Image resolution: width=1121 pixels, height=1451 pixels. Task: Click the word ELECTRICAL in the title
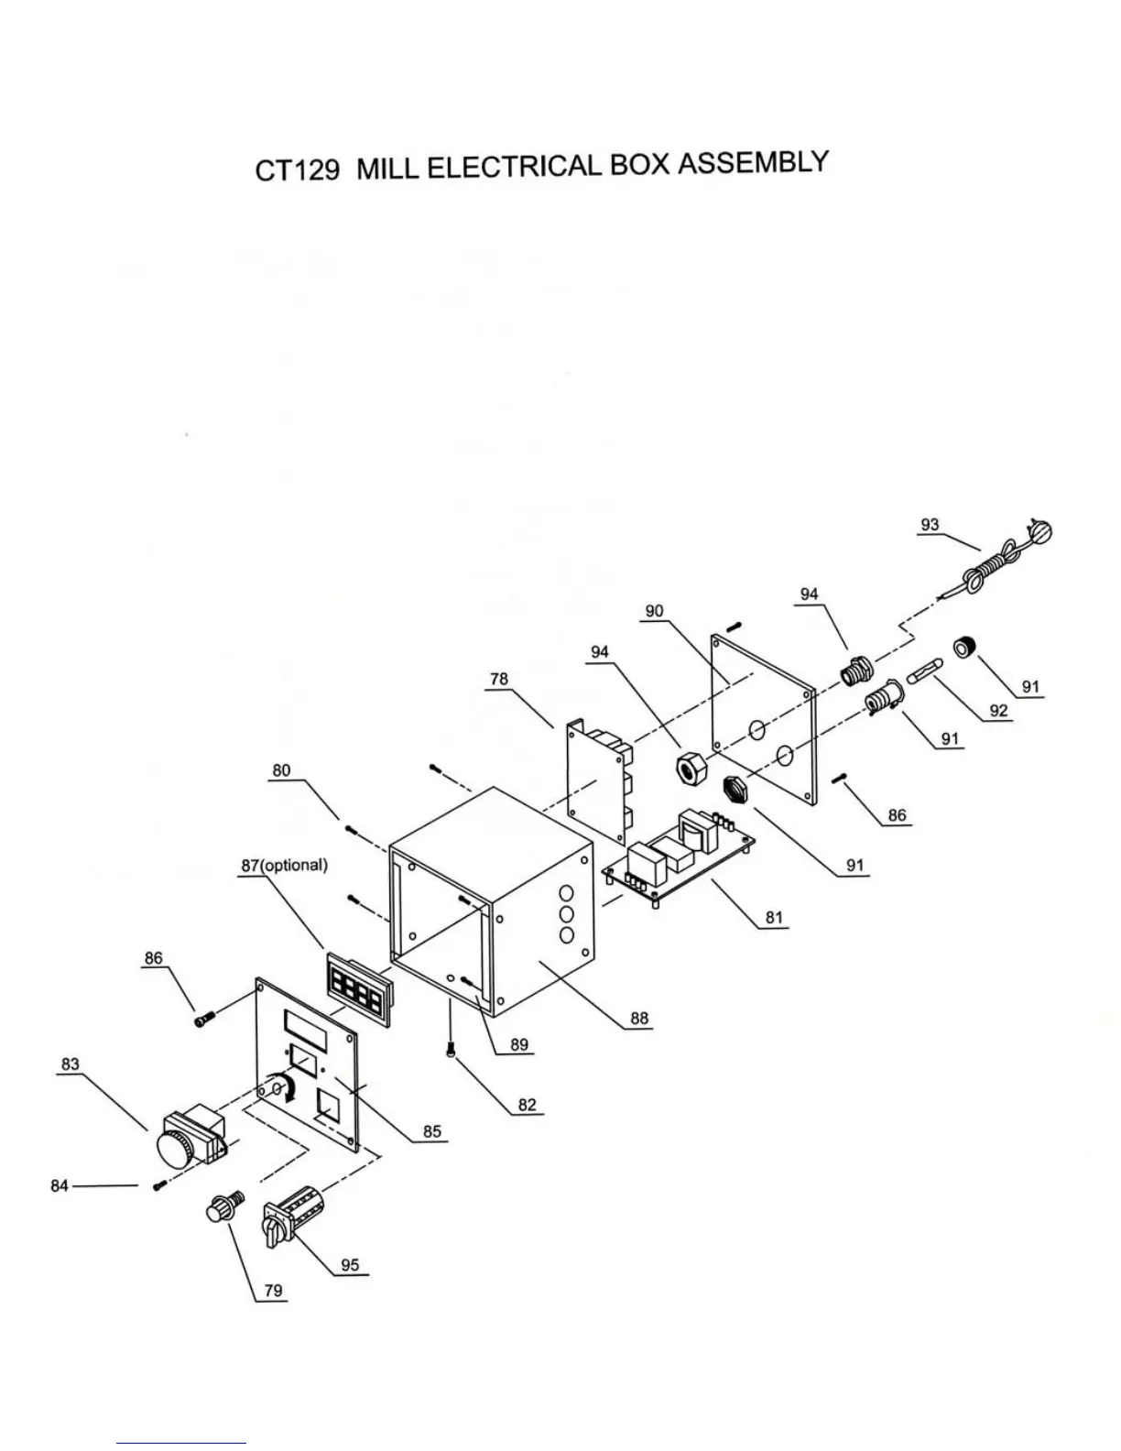coord(513,168)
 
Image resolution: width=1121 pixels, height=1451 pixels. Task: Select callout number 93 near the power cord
coord(930,525)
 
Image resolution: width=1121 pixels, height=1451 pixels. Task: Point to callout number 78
coord(498,679)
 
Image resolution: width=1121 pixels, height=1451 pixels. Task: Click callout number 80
coord(281,770)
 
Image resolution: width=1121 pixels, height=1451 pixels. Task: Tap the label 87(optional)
coord(284,866)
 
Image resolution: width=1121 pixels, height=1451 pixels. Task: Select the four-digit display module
coord(358,989)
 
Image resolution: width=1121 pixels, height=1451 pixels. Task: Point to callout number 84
coord(60,1185)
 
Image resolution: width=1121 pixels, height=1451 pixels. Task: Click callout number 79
coord(273,1291)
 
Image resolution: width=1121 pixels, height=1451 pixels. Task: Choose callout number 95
coord(350,1265)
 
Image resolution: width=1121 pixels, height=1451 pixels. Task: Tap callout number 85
coord(432,1131)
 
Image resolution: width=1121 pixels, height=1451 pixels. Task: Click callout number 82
coord(527,1105)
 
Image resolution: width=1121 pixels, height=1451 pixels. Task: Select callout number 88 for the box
coord(638,1018)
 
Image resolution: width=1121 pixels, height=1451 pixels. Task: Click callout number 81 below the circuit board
coord(774,917)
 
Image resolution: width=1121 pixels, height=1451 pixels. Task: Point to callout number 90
coord(654,611)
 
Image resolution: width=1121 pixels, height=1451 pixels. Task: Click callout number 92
coord(997,710)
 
